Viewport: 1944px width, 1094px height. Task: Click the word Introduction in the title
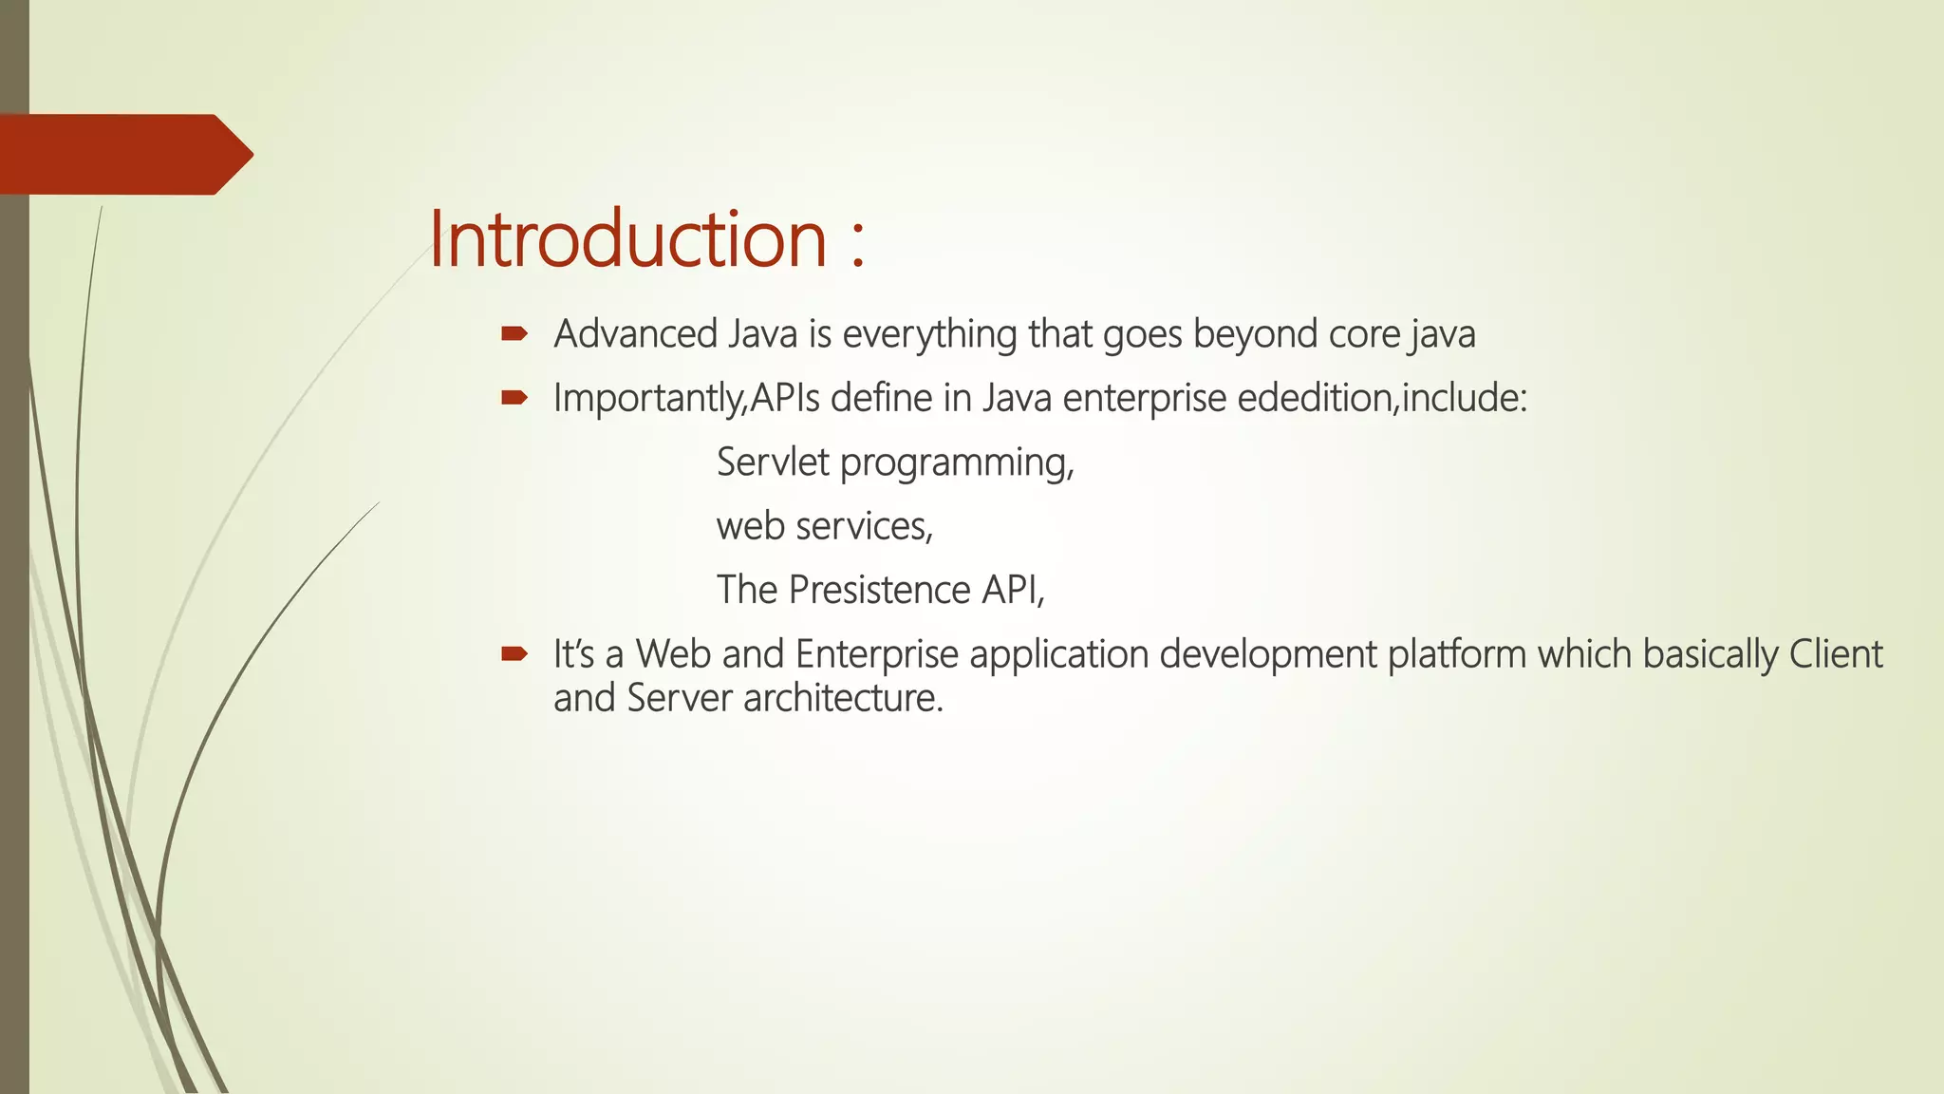click(628, 238)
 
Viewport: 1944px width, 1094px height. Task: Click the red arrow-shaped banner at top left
click(123, 154)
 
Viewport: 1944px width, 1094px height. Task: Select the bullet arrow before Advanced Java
click(514, 333)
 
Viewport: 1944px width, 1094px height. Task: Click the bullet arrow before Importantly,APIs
click(514, 398)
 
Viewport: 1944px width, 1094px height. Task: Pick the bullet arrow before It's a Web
click(514, 653)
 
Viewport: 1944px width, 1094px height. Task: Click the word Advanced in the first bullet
click(635, 334)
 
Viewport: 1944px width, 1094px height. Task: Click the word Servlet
click(773, 462)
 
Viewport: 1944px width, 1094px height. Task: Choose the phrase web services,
click(825, 526)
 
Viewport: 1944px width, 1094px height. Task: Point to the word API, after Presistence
click(1013, 590)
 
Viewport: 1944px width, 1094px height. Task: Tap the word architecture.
click(843, 698)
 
